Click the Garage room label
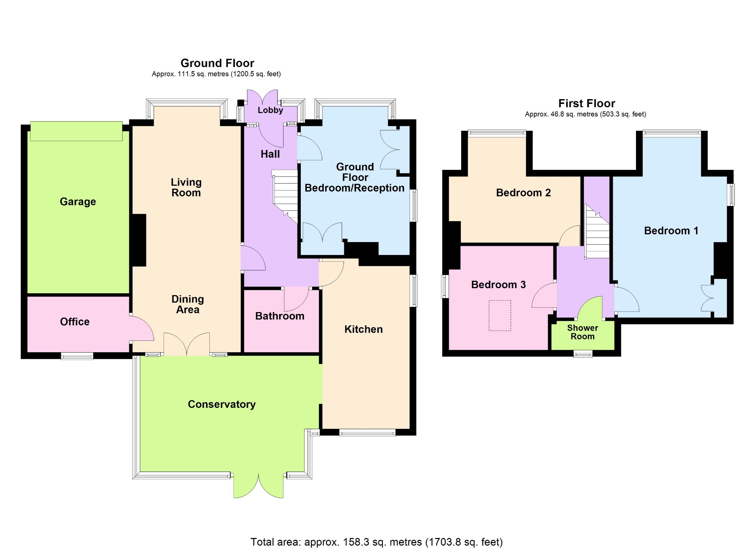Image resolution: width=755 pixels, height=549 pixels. (x=78, y=202)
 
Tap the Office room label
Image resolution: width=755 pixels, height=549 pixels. (x=75, y=322)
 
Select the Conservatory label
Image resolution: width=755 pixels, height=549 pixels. (x=222, y=404)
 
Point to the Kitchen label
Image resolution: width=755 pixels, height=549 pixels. (x=363, y=329)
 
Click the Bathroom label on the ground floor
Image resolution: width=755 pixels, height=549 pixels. (x=280, y=316)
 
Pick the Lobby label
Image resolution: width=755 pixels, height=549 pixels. (x=270, y=110)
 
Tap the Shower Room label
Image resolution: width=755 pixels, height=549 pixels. (x=582, y=332)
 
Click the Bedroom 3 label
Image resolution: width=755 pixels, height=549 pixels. (x=498, y=284)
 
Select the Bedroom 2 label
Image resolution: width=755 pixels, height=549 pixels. (x=523, y=193)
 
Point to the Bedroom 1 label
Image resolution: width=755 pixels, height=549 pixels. (x=671, y=231)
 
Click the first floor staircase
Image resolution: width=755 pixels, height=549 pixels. (x=597, y=232)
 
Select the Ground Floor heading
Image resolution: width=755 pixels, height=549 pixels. (x=217, y=63)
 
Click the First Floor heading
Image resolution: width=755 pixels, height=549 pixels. (x=587, y=103)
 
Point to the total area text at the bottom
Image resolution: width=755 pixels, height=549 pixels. (x=376, y=542)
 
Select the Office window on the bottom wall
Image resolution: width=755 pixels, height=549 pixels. (x=77, y=356)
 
